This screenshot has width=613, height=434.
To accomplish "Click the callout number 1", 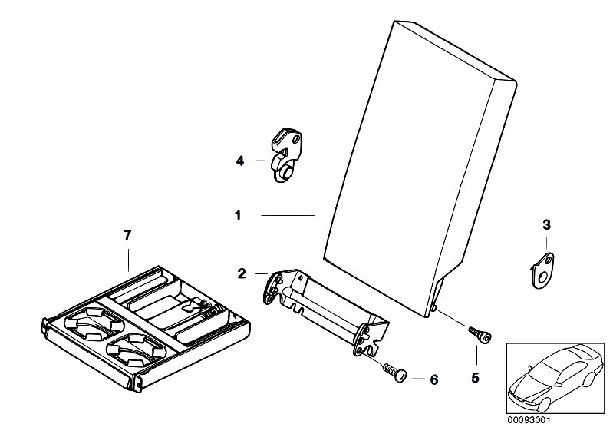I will pyautogui.click(x=238, y=217).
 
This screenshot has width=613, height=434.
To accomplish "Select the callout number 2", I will pyautogui.click(x=241, y=273).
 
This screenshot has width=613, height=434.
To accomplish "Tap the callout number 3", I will pyautogui.click(x=546, y=224).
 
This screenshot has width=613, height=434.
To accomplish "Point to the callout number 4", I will pyautogui.click(x=239, y=161).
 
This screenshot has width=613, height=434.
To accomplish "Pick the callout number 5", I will pyautogui.click(x=475, y=377).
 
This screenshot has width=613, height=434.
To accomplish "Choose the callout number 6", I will pyautogui.click(x=433, y=379).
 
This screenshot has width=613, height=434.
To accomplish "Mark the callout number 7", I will pyautogui.click(x=128, y=234).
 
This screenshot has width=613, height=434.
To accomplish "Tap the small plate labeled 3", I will pyautogui.click(x=545, y=270).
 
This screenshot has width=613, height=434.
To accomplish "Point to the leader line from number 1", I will pyautogui.click(x=288, y=217).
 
